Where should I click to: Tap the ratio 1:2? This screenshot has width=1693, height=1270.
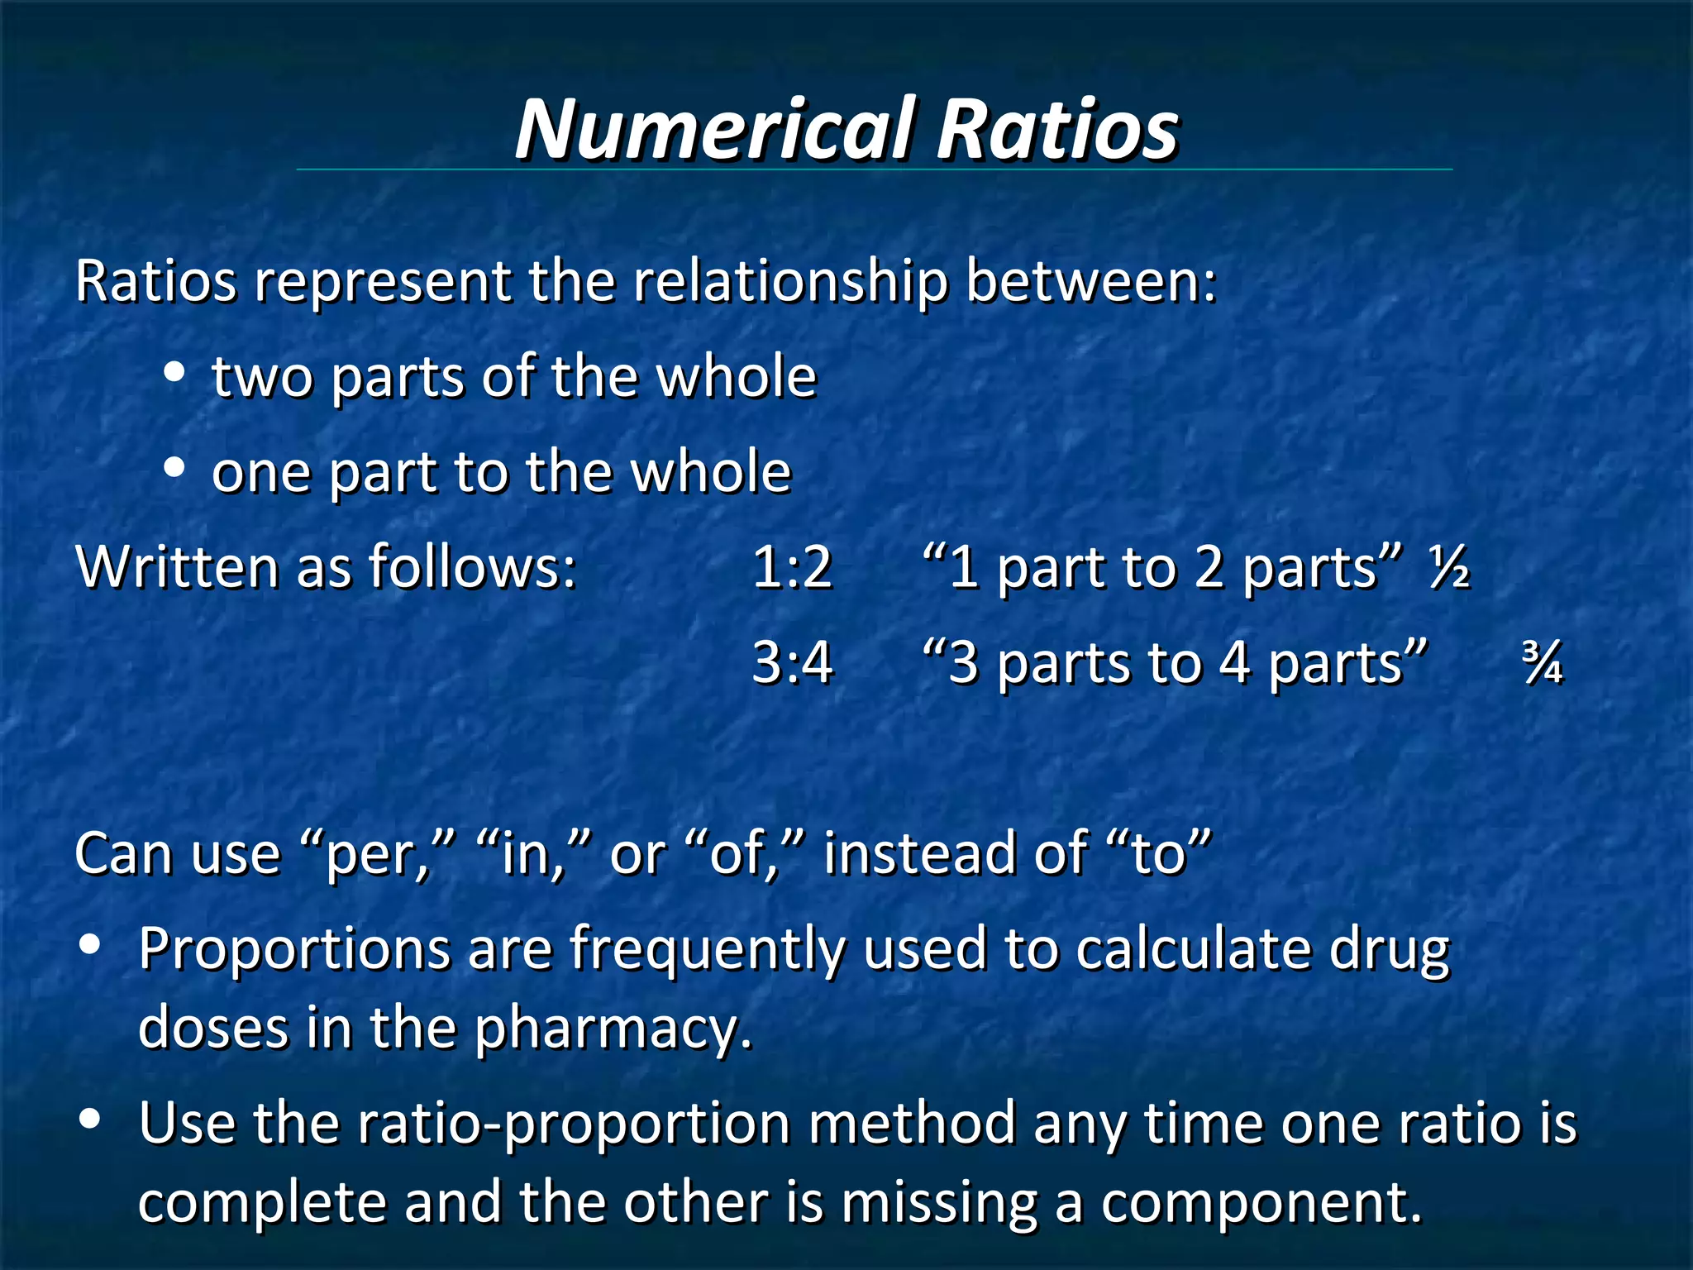click(792, 568)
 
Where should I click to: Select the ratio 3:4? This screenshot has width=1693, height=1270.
click(792, 663)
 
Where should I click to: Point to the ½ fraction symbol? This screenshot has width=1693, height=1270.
click(1449, 569)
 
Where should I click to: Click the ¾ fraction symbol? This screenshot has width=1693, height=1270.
click(1543, 664)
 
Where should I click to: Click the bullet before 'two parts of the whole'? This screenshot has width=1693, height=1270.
click(174, 373)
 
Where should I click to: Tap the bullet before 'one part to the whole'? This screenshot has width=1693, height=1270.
click(174, 468)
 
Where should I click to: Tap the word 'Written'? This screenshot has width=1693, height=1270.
click(179, 568)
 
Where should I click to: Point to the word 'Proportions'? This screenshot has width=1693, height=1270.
click(294, 949)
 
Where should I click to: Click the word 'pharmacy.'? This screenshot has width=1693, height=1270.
click(613, 1029)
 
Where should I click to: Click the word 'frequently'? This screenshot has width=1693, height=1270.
click(708, 949)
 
